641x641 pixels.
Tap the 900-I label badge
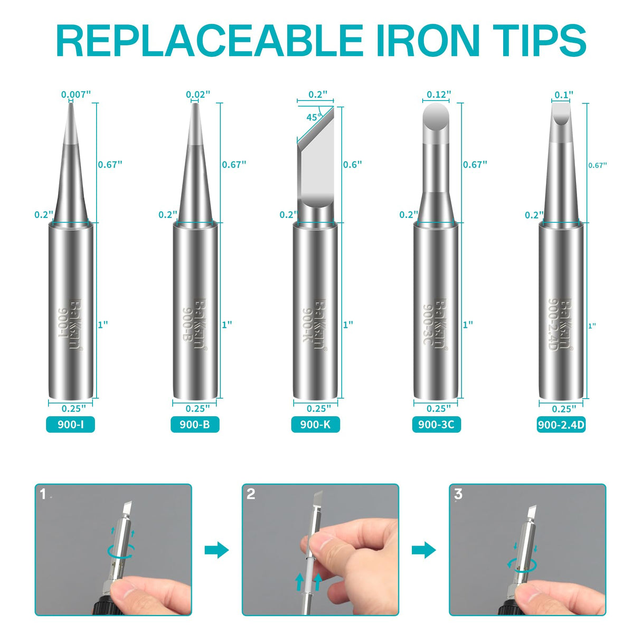click(70, 425)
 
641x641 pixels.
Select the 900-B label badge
click(194, 425)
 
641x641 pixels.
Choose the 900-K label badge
click(315, 425)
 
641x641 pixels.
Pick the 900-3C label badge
click(436, 425)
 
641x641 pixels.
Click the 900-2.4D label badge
click(561, 425)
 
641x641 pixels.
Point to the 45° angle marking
click(314, 117)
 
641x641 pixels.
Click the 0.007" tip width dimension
click(76, 95)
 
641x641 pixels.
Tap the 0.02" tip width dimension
click(198, 95)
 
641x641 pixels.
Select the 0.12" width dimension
click(438, 95)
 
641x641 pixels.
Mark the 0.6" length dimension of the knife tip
click(352, 164)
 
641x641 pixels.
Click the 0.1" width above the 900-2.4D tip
click(563, 95)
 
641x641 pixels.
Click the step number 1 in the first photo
click(43, 494)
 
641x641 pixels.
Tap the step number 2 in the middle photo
click(251, 494)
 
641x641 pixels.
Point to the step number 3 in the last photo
click(458, 494)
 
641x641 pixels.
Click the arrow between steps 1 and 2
click(216, 550)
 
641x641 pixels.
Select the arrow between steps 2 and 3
click(423, 550)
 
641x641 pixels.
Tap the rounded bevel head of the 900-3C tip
click(436, 117)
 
